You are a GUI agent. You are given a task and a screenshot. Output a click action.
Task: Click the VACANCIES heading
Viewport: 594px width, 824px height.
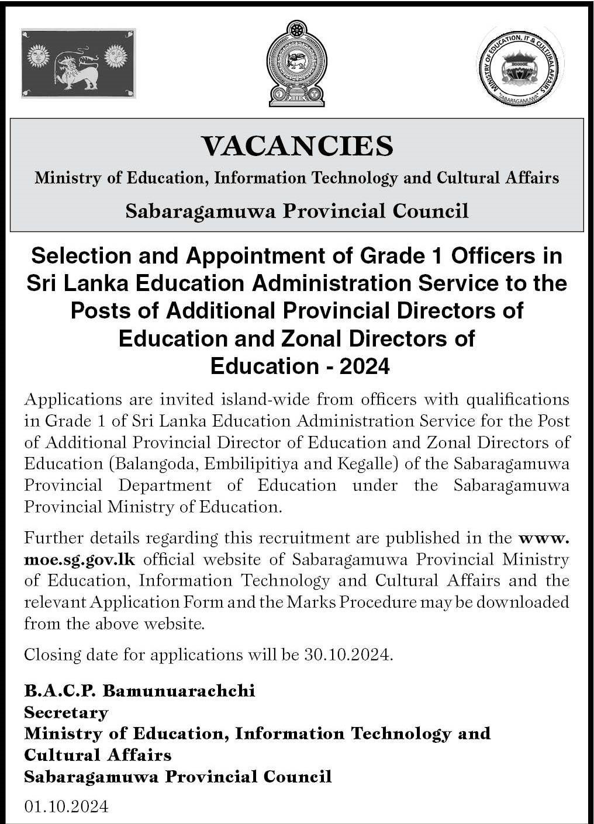(297, 146)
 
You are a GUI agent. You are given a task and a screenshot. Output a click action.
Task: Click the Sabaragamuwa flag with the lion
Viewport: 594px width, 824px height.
(78, 63)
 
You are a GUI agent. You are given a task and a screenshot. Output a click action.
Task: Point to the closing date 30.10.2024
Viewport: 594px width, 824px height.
(347, 654)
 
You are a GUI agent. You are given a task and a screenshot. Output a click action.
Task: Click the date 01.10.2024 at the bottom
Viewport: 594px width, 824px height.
(66, 806)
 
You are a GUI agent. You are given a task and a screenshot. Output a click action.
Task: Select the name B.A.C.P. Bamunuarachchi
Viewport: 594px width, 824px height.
(140, 691)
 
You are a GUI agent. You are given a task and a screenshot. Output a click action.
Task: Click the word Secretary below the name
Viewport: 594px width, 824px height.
(66, 712)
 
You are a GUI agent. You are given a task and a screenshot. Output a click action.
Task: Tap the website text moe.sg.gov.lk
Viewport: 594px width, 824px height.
(80, 559)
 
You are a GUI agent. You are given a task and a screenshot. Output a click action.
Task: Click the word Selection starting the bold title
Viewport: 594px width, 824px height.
(77, 255)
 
